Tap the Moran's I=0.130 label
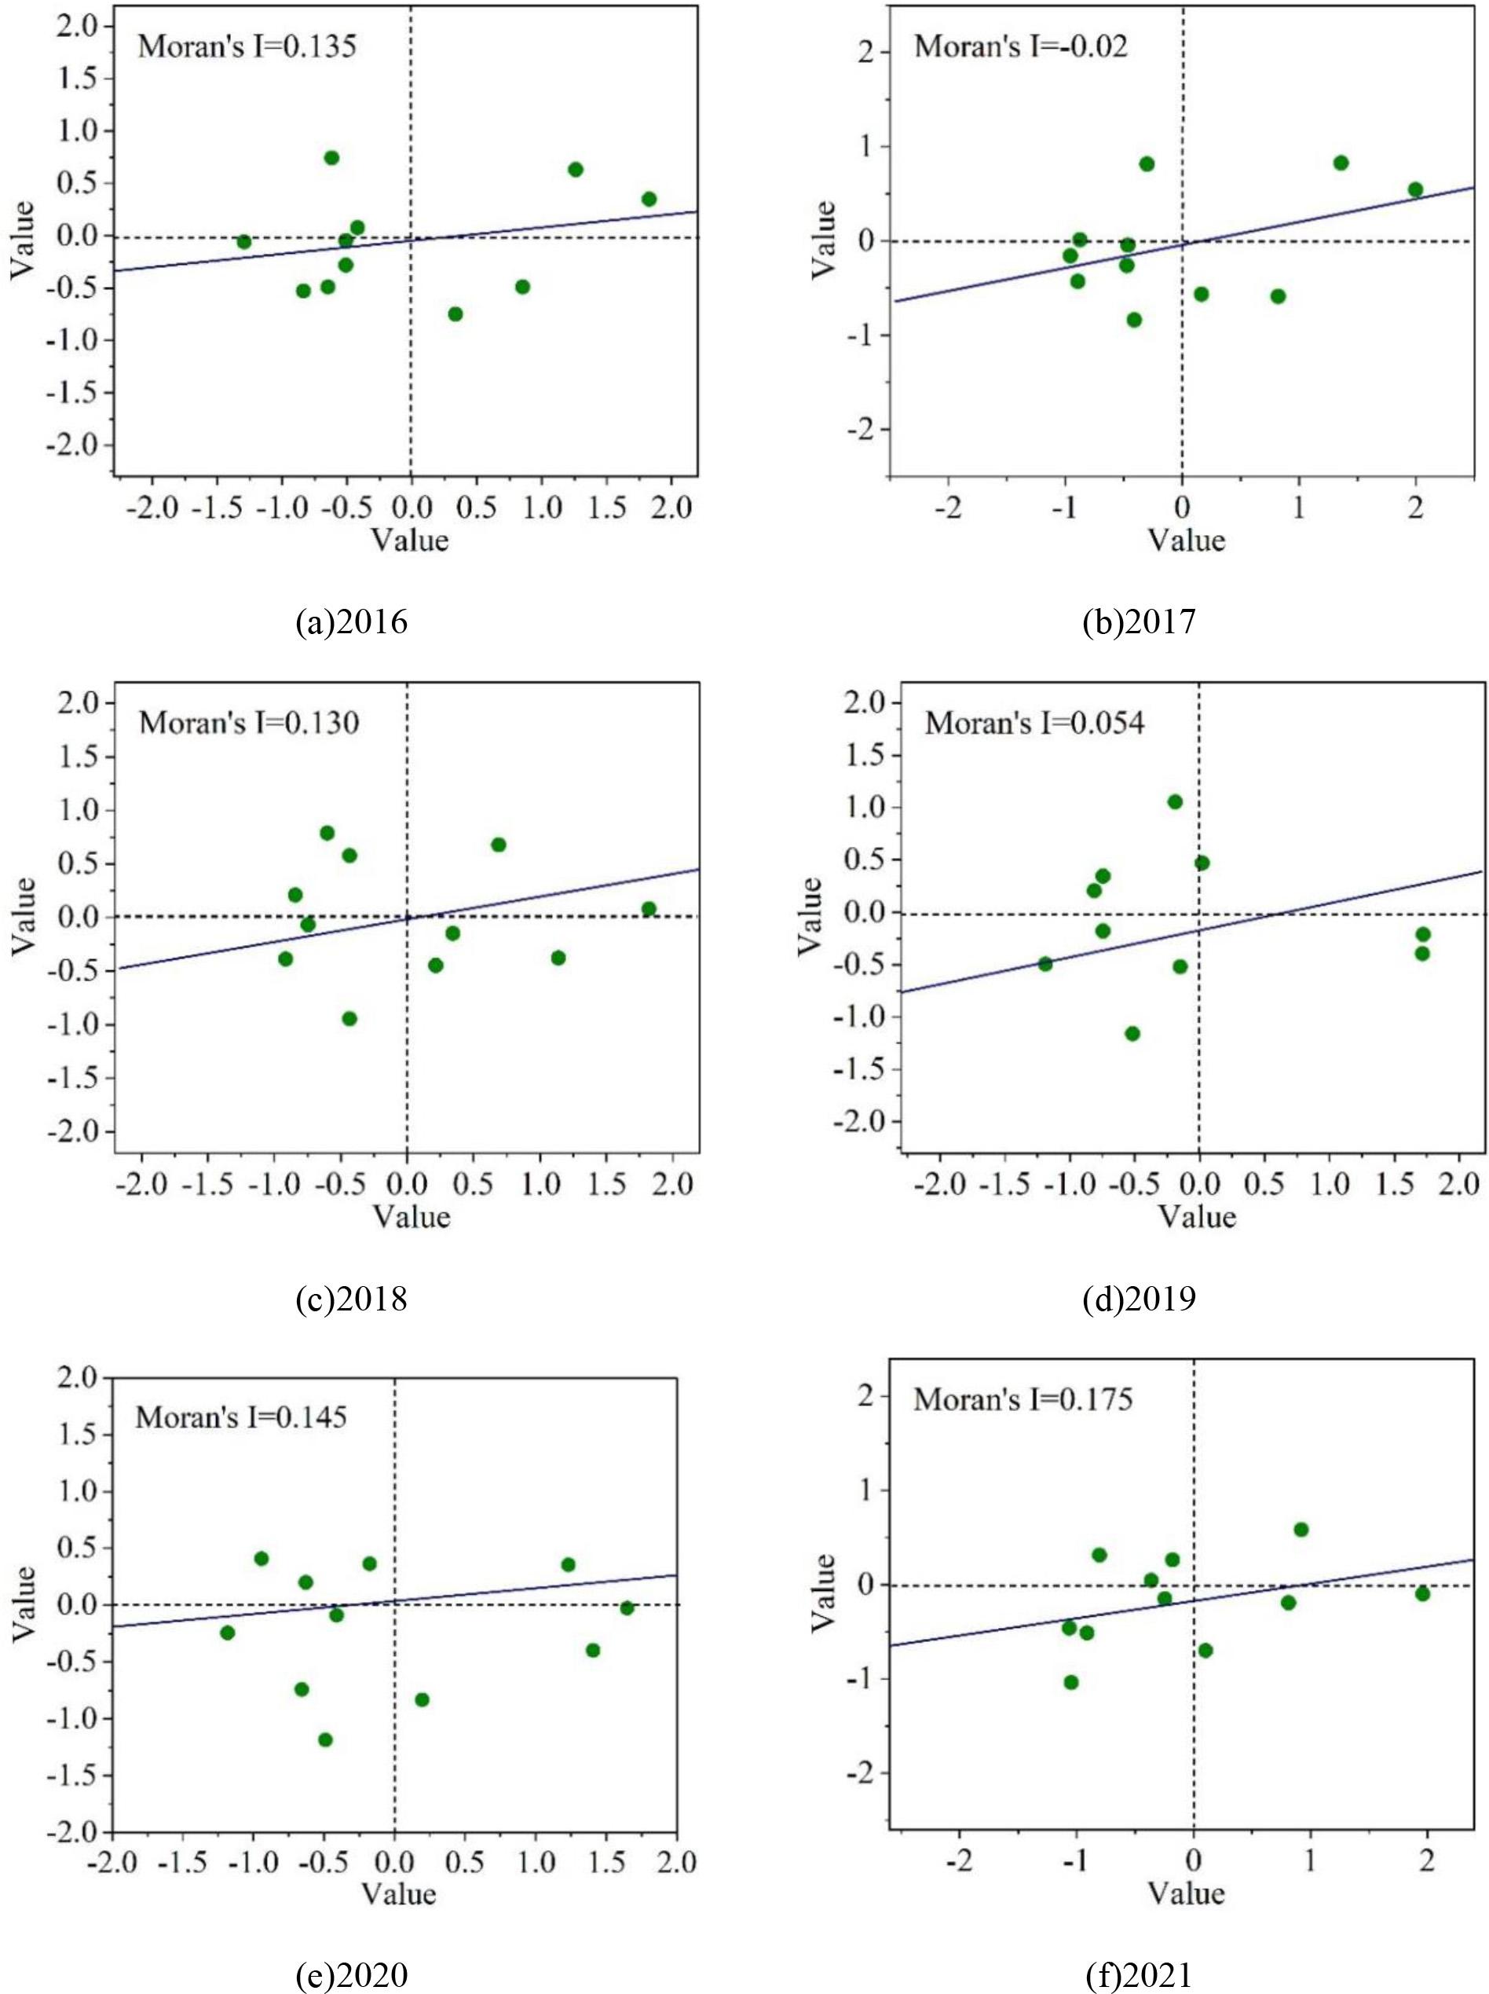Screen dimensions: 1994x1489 click(x=249, y=723)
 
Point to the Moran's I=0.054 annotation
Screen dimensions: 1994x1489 click(x=1035, y=723)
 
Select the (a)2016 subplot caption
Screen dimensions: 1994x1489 click(x=352, y=622)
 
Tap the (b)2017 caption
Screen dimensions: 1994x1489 click(x=1140, y=622)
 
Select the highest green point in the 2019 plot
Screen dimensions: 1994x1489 click(x=1174, y=801)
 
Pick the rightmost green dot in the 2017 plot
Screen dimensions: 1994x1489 click(x=1415, y=189)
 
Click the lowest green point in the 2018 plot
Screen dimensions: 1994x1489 click(x=349, y=1019)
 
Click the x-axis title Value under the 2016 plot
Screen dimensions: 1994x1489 click(x=411, y=540)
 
